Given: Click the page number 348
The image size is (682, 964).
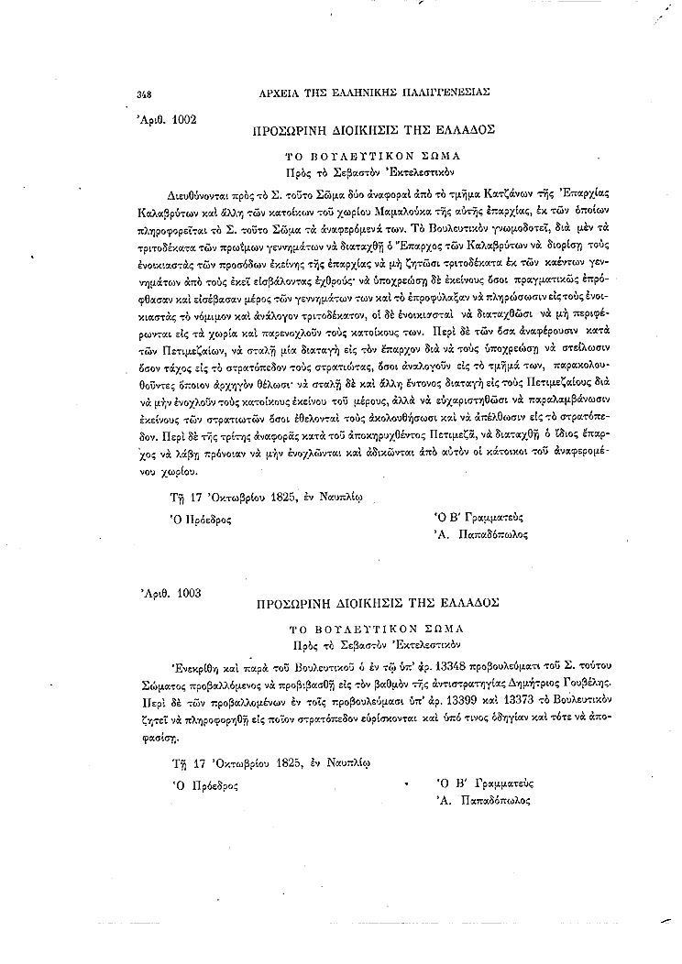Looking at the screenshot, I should click(x=143, y=93).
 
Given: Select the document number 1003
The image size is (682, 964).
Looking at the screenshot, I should click(x=182, y=593).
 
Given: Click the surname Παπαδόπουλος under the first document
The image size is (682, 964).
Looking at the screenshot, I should click(x=492, y=534).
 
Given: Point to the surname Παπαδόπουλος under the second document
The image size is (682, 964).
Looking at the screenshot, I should click(x=492, y=800).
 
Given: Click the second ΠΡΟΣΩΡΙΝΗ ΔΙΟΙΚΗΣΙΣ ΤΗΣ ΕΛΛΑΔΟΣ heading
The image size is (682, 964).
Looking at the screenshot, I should click(x=374, y=606).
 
